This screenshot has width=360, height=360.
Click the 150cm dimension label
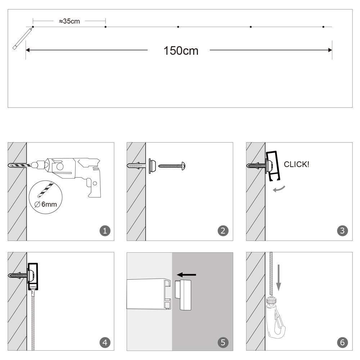(x=181, y=51)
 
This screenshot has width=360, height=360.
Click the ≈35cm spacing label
(x=69, y=21)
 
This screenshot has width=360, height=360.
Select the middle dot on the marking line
(x=178, y=27)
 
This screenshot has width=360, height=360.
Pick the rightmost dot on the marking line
(x=323, y=27)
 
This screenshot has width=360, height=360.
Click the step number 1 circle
(x=105, y=231)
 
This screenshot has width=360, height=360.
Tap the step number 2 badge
(x=223, y=231)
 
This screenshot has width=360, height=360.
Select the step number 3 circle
(x=342, y=231)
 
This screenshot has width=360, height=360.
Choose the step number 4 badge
(x=105, y=342)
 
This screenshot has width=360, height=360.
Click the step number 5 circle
(x=223, y=342)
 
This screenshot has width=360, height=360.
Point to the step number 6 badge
(x=342, y=342)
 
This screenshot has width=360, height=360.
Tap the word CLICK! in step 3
(x=296, y=165)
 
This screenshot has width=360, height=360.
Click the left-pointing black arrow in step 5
(x=187, y=275)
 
